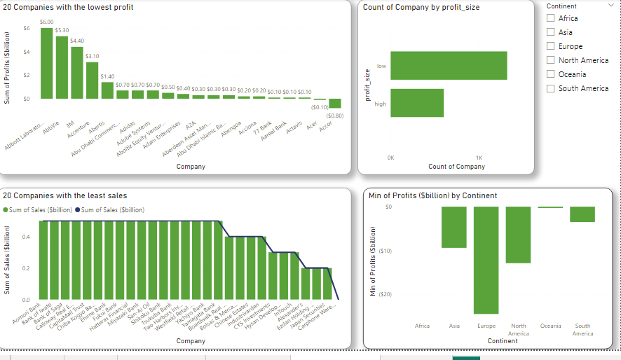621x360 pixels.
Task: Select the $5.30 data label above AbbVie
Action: (62, 31)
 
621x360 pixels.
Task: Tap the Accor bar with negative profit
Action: (335, 104)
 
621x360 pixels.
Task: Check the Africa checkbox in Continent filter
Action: (550, 18)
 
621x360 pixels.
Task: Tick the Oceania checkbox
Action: (550, 74)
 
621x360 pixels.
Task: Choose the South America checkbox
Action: (550, 88)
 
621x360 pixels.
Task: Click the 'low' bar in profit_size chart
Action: (449, 66)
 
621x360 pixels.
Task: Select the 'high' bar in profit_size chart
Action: (417, 103)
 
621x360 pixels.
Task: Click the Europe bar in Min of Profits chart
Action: (486, 260)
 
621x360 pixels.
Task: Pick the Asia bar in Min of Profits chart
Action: (453, 227)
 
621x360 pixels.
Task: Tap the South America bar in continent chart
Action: (582, 214)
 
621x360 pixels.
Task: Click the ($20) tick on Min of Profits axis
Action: (383, 294)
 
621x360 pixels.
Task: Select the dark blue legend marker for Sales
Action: (78, 209)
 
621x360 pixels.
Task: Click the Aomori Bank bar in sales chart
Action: (43, 260)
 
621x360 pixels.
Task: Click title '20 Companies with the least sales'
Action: (65, 196)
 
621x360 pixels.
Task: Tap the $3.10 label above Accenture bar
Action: (92, 55)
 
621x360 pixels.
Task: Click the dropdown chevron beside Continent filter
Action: (612, 6)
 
